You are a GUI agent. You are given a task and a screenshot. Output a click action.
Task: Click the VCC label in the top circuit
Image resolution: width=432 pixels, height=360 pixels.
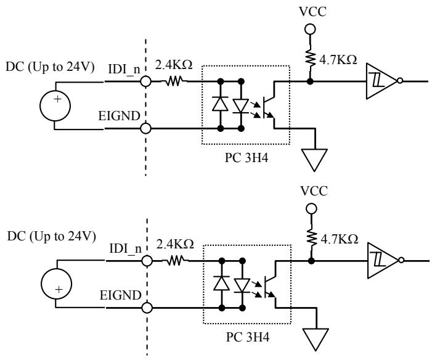(312, 12)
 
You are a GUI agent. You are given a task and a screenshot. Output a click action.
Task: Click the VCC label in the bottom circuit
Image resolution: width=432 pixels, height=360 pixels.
(314, 191)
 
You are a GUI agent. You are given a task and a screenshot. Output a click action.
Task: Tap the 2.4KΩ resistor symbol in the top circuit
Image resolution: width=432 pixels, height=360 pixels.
(174, 81)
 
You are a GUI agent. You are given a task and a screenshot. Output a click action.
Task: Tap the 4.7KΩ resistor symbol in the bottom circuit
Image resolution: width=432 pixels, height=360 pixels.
(312, 238)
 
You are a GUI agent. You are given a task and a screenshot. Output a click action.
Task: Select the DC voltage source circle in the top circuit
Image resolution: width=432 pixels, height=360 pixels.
(55, 106)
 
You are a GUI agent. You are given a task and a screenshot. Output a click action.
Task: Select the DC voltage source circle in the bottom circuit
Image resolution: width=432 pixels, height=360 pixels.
(57, 284)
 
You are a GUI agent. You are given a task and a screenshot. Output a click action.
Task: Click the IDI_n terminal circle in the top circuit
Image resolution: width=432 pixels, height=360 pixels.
(145, 81)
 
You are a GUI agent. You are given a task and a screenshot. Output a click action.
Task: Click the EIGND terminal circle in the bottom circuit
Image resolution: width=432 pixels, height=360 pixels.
(147, 308)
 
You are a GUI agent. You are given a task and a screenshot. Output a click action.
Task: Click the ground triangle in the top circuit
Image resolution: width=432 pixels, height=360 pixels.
(314, 160)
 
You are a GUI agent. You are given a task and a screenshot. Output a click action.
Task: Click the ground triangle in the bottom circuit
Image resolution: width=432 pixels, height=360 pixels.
(316, 339)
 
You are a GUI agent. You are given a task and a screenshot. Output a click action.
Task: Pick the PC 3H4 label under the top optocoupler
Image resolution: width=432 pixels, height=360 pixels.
(247, 158)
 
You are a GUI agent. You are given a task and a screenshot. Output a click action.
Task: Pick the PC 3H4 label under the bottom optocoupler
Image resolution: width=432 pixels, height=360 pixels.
(248, 337)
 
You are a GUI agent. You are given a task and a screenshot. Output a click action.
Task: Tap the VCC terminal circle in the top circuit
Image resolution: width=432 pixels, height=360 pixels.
(310, 29)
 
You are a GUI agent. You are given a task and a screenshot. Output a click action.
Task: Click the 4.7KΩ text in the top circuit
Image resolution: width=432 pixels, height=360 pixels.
(338, 60)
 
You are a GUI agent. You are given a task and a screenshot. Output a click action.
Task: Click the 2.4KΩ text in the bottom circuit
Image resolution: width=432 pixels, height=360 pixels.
(175, 244)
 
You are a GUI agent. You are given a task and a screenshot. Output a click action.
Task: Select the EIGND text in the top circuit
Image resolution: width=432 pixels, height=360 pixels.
(120, 116)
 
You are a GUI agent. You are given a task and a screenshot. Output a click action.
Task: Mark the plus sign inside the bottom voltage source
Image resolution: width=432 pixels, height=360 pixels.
(59, 290)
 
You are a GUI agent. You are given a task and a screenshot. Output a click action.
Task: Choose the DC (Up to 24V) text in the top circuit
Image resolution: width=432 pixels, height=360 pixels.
(50, 67)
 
